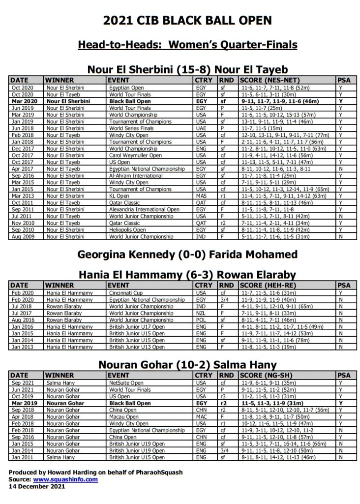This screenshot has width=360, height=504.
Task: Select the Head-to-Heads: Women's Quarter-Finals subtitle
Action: tap(187, 45)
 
